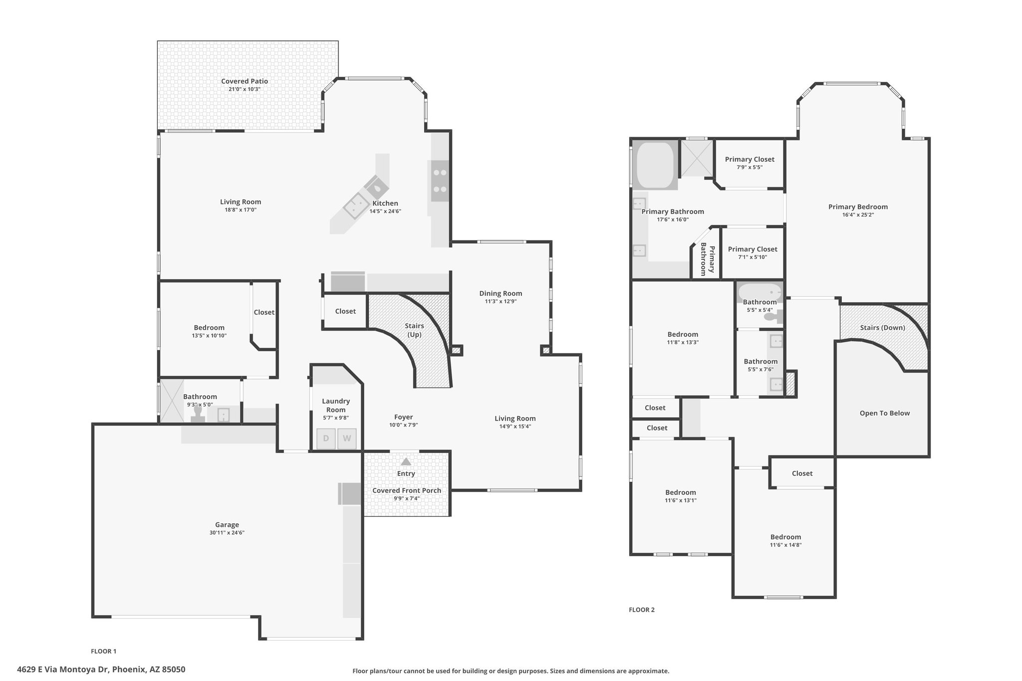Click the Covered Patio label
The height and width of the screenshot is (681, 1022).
pyautogui.click(x=245, y=81)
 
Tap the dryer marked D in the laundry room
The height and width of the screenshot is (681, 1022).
pyautogui.click(x=326, y=439)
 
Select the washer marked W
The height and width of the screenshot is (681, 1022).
pyautogui.click(x=347, y=439)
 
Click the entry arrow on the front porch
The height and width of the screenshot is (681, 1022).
pyautogui.click(x=406, y=461)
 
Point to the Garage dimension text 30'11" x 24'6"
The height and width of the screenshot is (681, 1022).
pyautogui.click(x=227, y=533)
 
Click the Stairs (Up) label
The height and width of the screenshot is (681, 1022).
pyautogui.click(x=415, y=330)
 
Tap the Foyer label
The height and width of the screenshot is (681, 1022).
pyautogui.click(x=404, y=417)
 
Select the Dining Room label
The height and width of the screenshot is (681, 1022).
pyautogui.click(x=501, y=293)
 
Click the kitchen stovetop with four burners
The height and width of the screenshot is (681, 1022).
pyautogui.click(x=440, y=181)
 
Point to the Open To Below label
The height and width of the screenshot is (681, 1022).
pyautogui.click(x=885, y=413)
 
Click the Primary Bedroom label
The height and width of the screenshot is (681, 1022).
pyautogui.click(x=858, y=207)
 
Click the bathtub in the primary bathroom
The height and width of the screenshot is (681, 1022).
pyautogui.click(x=655, y=166)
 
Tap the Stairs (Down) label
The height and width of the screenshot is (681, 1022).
pyautogui.click(x=883, y=328)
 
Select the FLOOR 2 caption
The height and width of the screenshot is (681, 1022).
pyautogui.click(x=642, y=610)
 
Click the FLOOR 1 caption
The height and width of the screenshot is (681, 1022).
pyautogui.click(x=104, y=651)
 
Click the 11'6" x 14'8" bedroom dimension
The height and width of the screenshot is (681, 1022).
pyautogui.click(x=785, y=545)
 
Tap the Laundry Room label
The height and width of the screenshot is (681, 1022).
pyautogui.click(x=336, y=406)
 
